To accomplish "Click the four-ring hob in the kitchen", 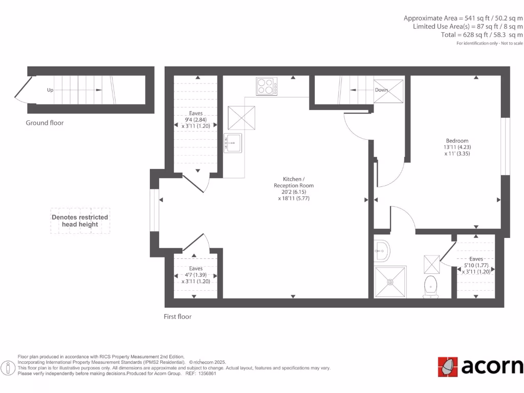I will click(267, 86).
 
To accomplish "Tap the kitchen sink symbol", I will click(232, 142).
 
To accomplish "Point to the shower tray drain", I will click(390, 281).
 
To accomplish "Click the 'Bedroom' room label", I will click(457, 141).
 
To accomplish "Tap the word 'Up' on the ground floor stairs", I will click(50, 90).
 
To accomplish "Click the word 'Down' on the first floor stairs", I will click(381, 90).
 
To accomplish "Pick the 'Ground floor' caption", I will click(45, 123).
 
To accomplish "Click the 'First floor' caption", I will click(178, 317).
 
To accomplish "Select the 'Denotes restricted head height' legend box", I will click(80, 221).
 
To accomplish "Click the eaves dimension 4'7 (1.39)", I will click(195, 275).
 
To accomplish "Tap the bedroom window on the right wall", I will click(505, 146).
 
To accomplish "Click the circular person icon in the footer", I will click(8, 367).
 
